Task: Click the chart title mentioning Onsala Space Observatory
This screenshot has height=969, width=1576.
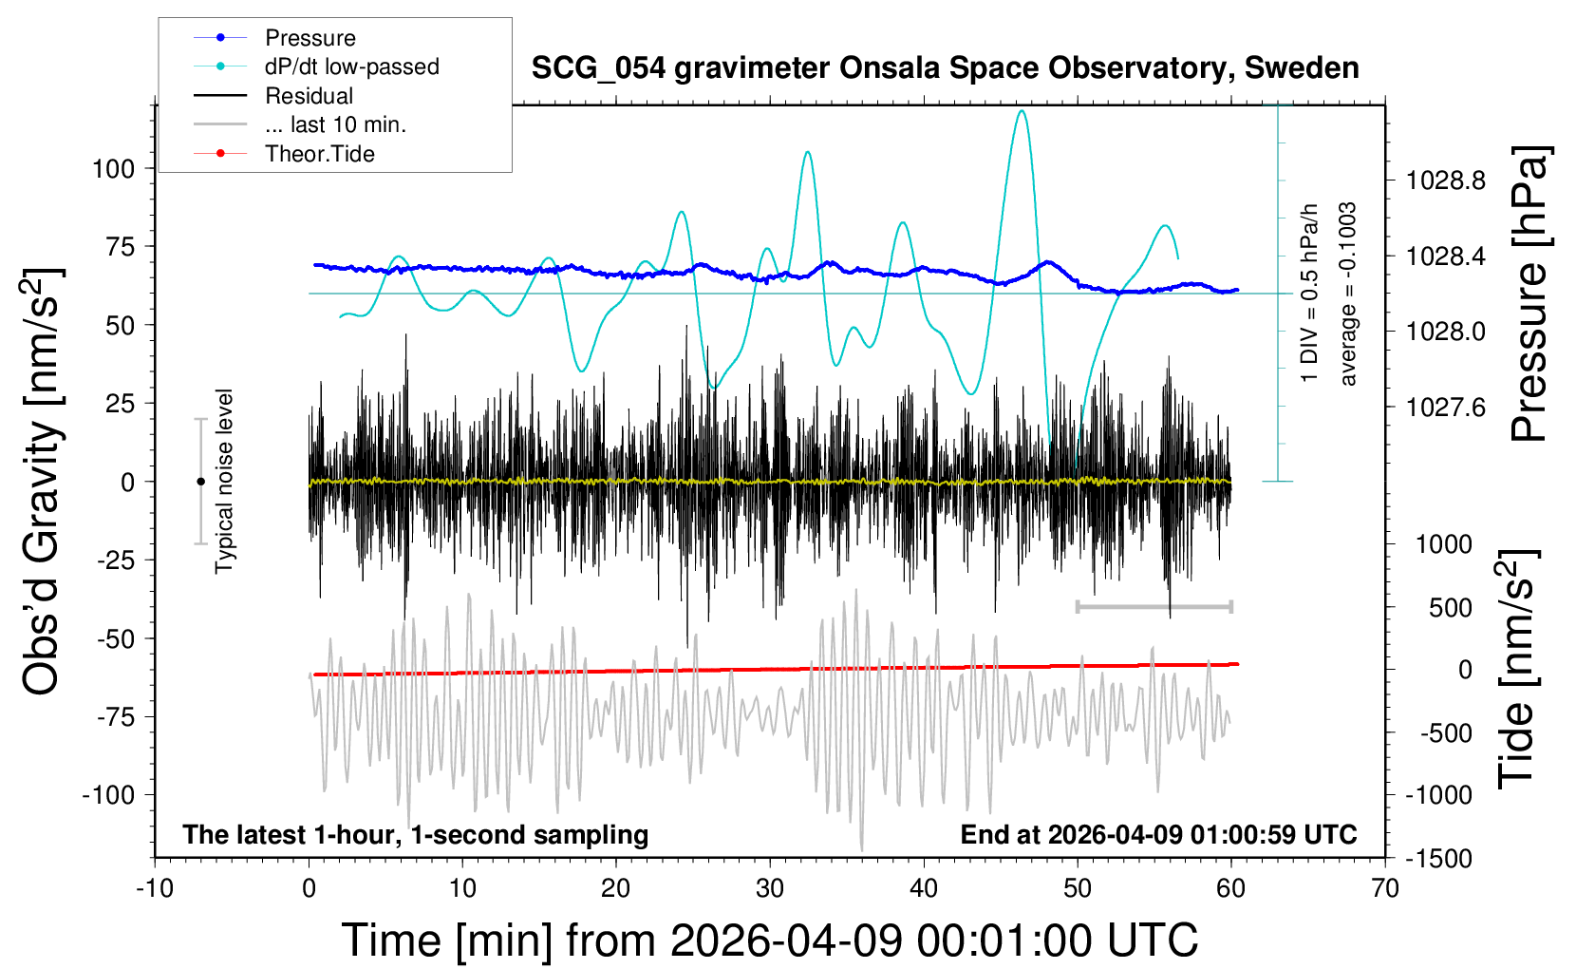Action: click(x=945, y=68)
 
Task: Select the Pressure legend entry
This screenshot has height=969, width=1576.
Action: click(x=310, y=38)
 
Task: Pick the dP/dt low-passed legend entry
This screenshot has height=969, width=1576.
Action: click(x=351, y=66)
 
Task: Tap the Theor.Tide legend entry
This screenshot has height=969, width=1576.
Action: click(x=320, y=154)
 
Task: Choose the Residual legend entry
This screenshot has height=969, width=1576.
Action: click(x=309, y=96)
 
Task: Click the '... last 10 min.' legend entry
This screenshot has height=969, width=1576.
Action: click(x=335, y=124)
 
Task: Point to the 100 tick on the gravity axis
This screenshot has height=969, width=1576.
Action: click(x=113, y=169)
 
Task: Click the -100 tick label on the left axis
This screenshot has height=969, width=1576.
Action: click(x=108, y=794)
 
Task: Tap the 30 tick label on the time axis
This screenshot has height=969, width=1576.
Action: click(x=770, y=888)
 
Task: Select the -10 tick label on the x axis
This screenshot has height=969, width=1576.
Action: click(x=155, y=888)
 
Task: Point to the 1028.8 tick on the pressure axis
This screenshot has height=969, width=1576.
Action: click(x=1446, y=180)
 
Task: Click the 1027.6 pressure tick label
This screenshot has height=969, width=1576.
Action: click(x=1446, y=408)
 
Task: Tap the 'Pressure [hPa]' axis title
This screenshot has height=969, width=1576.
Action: click(x=1529, y=294)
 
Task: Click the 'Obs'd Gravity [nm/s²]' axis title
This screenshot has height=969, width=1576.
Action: click(x=43, y=482)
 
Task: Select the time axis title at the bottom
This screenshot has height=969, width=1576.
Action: click(x=770, y=940)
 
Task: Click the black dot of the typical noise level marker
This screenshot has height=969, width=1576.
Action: click(x=200, y=482)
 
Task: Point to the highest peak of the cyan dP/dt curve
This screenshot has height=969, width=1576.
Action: click(x=1022, y=111)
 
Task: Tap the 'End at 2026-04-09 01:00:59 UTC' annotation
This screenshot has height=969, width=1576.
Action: click(x=1158, y=834)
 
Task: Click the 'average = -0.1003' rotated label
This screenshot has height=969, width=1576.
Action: click(x=1347, y=294)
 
